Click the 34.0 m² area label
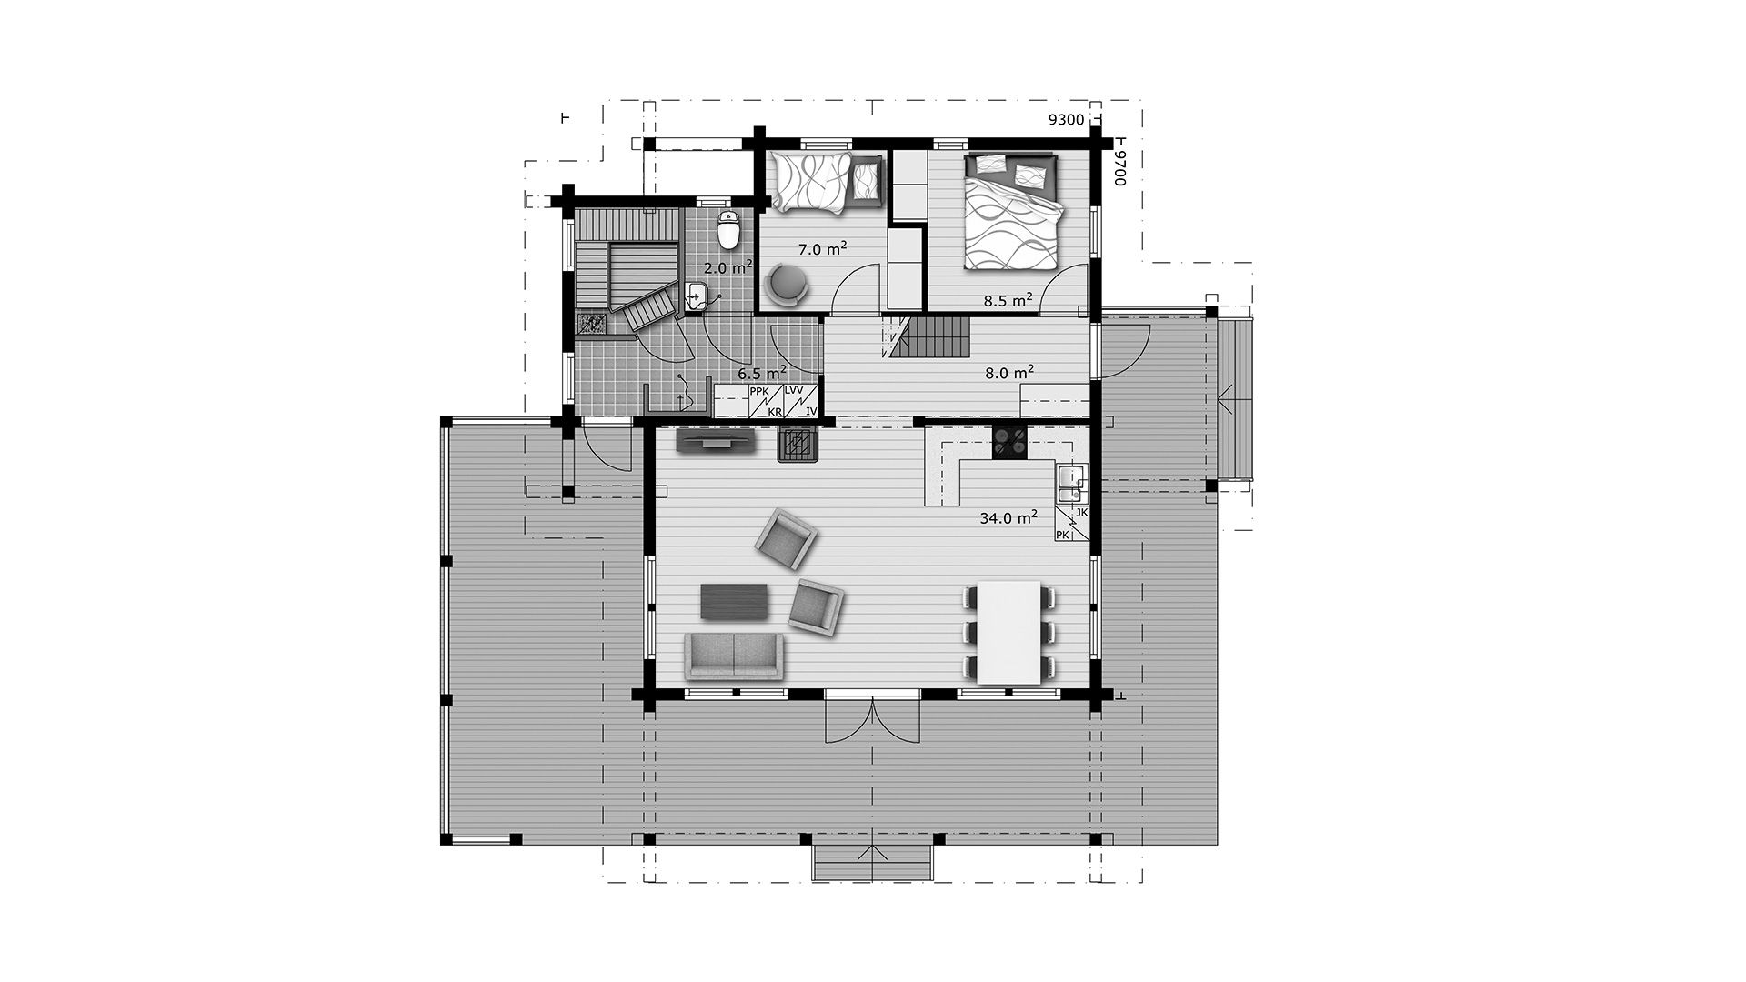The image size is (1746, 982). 1008,517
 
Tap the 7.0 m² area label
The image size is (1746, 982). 823,248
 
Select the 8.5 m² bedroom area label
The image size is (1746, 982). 1008,299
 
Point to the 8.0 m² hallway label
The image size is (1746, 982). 1008,372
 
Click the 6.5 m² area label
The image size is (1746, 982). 762,373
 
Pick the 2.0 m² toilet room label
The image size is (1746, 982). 728,267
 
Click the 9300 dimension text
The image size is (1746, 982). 1067,120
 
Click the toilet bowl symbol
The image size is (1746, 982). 728,230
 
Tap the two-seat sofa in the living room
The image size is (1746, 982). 734,656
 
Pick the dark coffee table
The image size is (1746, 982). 735,602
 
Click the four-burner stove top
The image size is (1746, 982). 1008,443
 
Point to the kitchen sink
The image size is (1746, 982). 1071,484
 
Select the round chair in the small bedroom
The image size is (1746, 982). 788,284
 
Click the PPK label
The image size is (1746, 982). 759,392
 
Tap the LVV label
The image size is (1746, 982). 794,391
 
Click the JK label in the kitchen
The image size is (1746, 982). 1081,513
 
